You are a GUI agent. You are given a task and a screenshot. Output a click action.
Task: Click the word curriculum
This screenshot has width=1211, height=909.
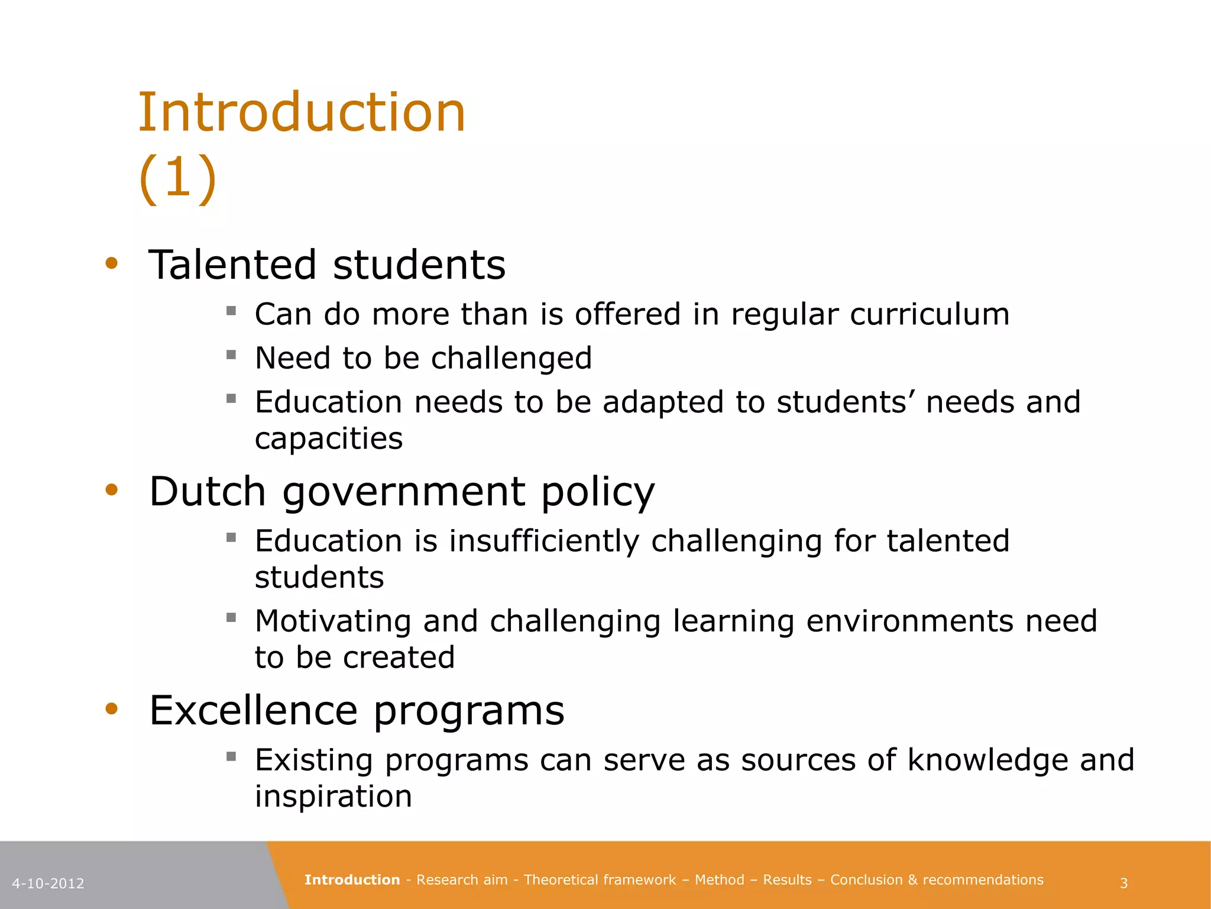[x=929, y=314]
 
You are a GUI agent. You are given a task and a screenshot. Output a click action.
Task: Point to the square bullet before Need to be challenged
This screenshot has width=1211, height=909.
[x=231, y=355]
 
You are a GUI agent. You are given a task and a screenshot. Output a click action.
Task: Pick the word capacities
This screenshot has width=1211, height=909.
[x=329, y=439]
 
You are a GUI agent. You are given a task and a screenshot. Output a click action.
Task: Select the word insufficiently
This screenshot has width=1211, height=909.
[x=544, y=541]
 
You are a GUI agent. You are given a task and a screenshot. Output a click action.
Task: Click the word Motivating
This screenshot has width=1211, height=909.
[x=333, y=621]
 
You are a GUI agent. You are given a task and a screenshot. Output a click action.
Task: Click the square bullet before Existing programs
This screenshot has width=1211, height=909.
[x=231, y=756]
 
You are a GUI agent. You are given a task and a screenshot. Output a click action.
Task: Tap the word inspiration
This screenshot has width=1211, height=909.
[x=333, y=797]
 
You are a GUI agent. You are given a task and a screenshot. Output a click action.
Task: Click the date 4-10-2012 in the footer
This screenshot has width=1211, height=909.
[x=48, y=884]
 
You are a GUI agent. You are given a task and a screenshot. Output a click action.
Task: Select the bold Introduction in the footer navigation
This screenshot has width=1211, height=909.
[x=352, y=880]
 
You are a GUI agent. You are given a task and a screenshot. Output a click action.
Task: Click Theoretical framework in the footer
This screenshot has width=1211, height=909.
[x=600, y=880]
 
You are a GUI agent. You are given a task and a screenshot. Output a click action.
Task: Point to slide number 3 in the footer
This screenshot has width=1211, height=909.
[x=1123, y=884]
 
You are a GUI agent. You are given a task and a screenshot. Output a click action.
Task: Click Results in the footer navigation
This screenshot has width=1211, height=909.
[x=787, y=880]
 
